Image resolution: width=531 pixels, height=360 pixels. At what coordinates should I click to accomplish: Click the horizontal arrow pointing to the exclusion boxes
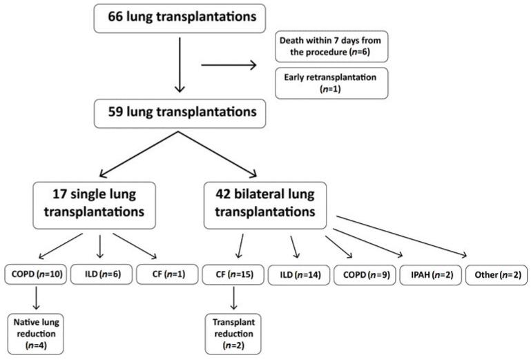pos(228,66)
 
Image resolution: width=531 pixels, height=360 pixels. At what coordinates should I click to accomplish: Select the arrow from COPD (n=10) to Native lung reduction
pos(35,299)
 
